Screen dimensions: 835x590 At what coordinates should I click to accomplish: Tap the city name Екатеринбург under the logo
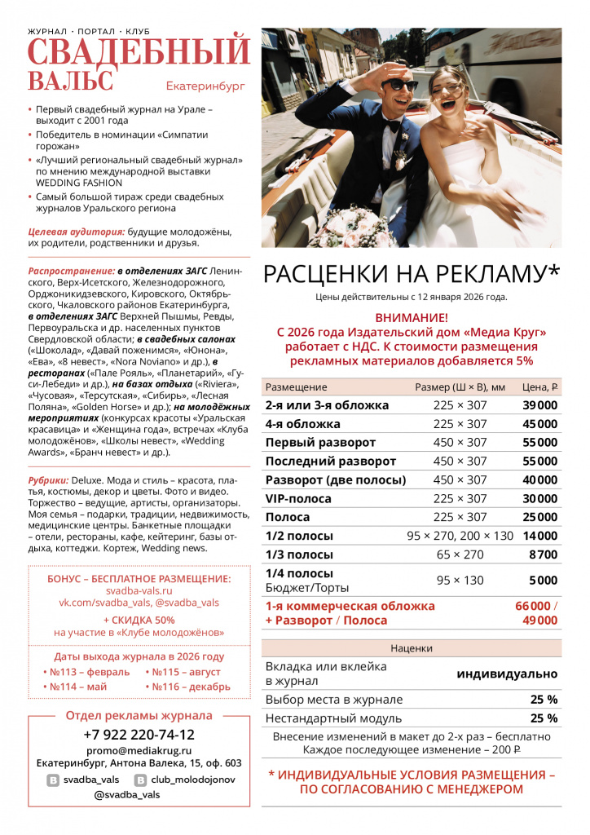(205, 86)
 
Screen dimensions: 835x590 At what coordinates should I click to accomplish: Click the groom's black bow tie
(394, 125)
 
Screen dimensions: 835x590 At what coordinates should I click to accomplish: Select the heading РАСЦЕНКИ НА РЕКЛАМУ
(412, 274)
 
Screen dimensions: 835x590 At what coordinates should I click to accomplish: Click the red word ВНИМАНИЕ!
(412, 318)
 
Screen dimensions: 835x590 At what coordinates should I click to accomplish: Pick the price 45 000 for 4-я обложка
(539, 424)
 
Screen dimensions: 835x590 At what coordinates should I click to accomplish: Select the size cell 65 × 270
(460, 554)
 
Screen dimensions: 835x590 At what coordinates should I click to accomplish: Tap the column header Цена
(539, 387)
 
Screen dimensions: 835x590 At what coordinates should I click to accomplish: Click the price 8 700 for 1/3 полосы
(543, 554)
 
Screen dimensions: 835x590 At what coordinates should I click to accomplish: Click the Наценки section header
(411, 648)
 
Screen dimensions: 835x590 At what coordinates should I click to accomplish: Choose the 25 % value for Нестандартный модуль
(544, 718)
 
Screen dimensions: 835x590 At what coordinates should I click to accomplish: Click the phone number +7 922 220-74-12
(139, 734)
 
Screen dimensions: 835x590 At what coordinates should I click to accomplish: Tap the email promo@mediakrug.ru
(139, 750)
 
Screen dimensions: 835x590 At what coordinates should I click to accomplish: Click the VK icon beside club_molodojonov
(140, 780)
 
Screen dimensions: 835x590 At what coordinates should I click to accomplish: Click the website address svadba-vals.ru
(139, 590)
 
